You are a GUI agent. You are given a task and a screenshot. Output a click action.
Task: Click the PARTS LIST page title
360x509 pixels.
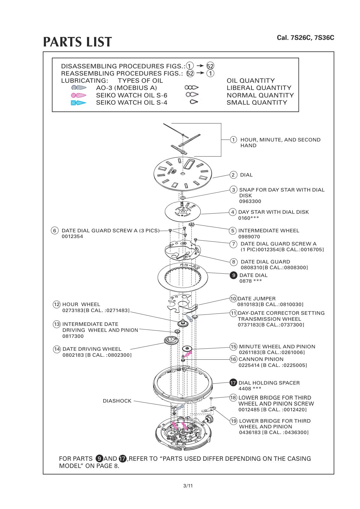77,42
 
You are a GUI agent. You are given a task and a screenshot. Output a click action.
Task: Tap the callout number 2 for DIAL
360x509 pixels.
233,175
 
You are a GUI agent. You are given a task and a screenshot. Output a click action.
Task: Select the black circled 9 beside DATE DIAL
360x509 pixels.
233,275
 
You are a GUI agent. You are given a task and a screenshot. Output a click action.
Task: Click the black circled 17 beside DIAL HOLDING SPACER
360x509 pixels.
233,383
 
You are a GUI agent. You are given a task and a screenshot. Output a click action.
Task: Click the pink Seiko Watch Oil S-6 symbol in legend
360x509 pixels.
79,95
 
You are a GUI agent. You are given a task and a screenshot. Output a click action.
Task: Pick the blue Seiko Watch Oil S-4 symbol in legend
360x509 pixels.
79,103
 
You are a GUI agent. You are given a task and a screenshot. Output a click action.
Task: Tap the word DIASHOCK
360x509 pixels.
117,400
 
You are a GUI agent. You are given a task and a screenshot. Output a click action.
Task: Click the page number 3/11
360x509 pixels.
188,486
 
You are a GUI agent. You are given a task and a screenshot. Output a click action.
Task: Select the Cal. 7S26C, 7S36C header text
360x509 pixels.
305,38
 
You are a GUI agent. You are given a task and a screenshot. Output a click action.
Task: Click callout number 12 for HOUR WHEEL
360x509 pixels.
57,304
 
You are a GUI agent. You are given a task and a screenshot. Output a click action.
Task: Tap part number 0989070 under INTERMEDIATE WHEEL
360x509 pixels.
249,237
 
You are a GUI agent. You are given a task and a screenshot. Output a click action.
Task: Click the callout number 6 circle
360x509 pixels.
55,231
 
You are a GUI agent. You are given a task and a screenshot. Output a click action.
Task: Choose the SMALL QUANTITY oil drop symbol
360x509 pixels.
194,102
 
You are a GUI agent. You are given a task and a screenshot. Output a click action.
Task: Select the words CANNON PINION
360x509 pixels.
261,359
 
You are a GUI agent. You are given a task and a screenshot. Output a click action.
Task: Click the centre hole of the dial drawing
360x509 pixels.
182,174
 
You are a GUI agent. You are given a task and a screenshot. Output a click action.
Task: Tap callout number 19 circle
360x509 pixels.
234,421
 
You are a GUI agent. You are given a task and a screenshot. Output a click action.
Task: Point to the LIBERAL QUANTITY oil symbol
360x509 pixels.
191,88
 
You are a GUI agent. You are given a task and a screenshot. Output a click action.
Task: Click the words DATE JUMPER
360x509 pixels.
256,299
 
